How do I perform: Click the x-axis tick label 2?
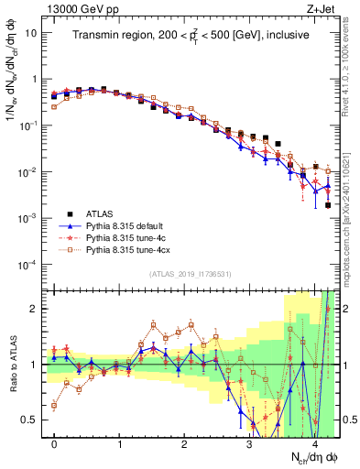point(184,444)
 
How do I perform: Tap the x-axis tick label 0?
point(54,444)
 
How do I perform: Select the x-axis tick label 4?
point(314,444)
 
